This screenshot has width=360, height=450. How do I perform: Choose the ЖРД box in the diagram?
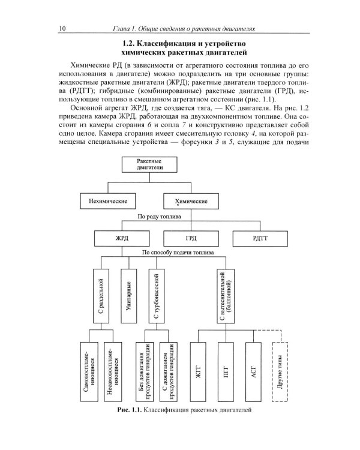point(122,238)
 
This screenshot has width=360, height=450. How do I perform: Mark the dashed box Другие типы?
point(281,371)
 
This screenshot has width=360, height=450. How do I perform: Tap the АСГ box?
point(254,371)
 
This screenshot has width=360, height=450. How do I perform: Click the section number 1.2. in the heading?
point(128,44)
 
